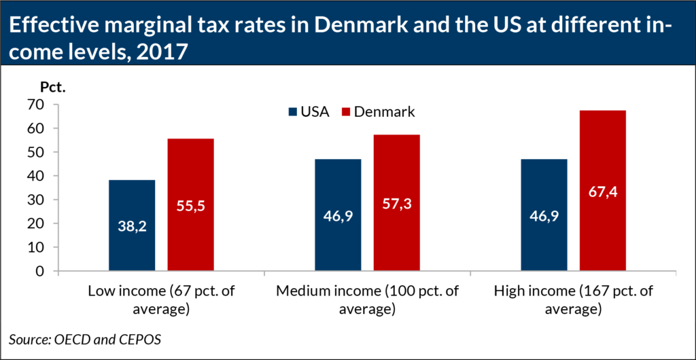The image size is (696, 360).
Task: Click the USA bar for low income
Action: coord(132,226)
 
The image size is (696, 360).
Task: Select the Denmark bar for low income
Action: coord(190,205)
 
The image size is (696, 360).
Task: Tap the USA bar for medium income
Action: coord(338,215)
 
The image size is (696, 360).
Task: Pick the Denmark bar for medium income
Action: coord(397,203)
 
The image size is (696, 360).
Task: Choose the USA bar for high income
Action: coord(544,215)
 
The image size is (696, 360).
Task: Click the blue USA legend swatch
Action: coord(293,112)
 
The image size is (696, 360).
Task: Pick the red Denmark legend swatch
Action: coord(345,112)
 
